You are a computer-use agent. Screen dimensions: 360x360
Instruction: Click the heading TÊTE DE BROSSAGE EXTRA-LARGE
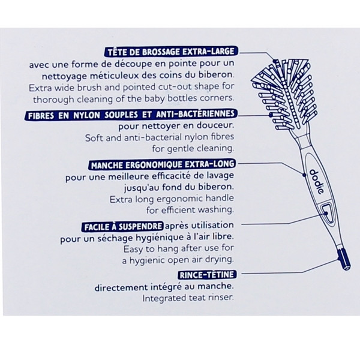tap(171, 52)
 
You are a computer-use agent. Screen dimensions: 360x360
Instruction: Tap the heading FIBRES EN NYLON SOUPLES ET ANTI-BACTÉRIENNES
tap(131, 115)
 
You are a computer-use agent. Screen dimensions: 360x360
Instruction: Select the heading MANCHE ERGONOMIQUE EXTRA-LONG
tap(163, 164)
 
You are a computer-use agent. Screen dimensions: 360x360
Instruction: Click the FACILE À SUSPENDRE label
tap(123, 227)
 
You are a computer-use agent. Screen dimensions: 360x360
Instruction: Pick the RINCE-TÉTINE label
tap(207, 275)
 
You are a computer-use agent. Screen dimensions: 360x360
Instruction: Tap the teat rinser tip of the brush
tap(344, 260)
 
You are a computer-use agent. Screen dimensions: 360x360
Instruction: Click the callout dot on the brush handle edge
tap(304, 175)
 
